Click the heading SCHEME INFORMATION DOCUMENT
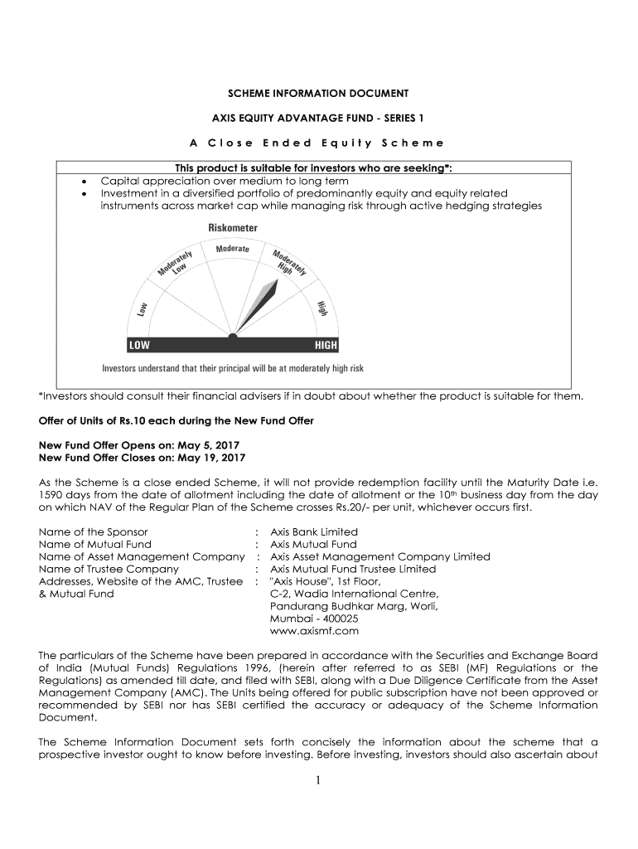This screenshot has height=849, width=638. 319,94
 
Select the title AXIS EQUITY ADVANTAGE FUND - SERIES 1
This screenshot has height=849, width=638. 319,118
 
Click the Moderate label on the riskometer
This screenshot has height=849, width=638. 233,249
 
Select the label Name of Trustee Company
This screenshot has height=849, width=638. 109,569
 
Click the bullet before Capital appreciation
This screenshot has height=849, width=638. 85,181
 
